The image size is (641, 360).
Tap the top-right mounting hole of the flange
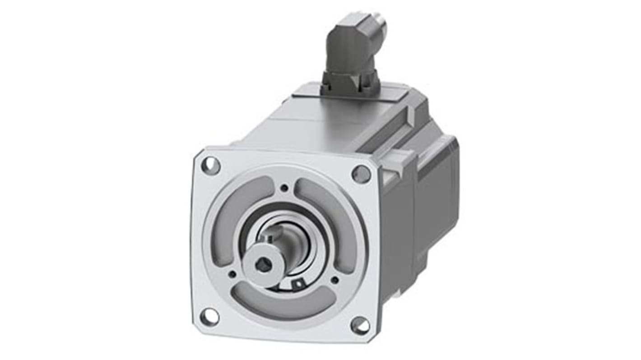pos(361,174)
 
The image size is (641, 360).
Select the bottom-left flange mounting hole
pos(209,316)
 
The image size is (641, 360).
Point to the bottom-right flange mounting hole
pos(360,325)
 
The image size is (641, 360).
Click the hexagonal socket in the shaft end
pos(263,266)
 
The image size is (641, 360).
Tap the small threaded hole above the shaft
pos(284,188)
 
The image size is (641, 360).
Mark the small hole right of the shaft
pos(335,280)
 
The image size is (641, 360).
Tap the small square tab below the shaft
pos(298,284)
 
